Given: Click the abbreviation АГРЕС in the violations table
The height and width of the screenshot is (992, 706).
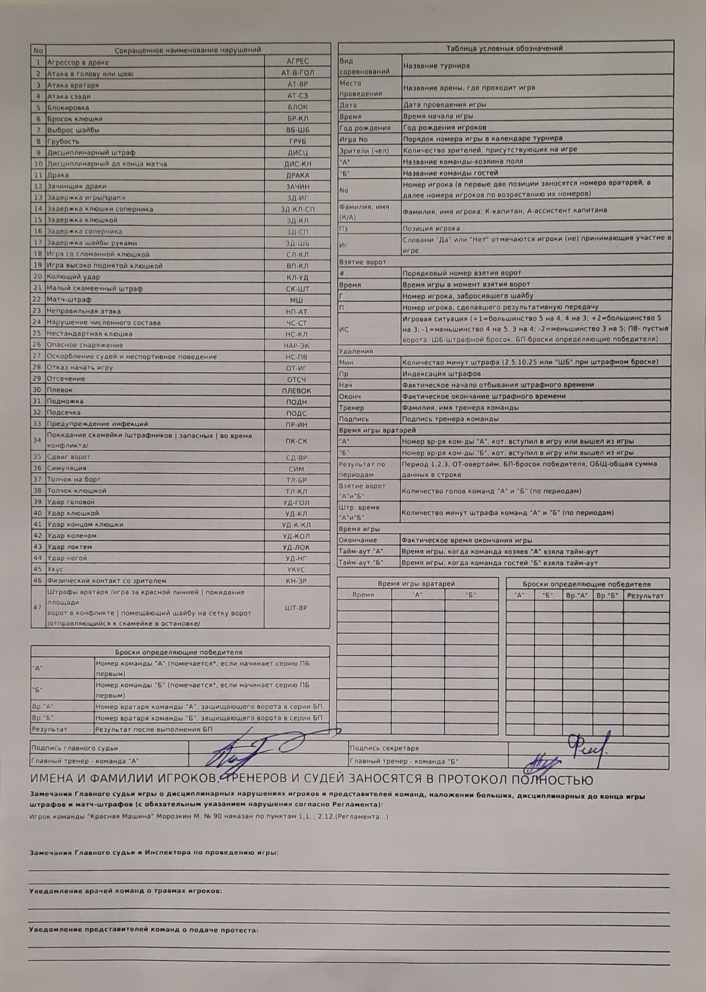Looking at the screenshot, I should (297, 61).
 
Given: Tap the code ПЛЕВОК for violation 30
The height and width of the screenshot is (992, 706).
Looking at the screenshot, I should (296, 391).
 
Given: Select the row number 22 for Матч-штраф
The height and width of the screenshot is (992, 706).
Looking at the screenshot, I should (38, 299).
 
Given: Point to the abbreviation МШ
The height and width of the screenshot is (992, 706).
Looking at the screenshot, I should (296, 300).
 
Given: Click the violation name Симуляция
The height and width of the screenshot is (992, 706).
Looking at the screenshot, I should (67, 468).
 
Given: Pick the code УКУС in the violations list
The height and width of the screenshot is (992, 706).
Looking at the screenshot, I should (296, 570).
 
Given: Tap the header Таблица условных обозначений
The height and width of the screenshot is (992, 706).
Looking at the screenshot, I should (504, 48).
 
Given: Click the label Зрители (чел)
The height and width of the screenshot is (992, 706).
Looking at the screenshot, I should (364, 150).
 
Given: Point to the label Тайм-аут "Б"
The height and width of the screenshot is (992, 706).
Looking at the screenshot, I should (361, 562).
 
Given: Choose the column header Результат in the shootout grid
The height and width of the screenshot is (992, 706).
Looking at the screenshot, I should (645, 596).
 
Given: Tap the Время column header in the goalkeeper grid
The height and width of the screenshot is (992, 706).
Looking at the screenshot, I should (363, 595).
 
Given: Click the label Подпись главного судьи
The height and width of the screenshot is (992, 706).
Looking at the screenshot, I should (75, 748).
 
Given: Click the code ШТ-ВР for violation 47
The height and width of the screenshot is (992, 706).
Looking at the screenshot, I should (296, 608).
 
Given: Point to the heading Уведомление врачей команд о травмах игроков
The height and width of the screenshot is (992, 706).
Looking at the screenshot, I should (125, 891).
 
